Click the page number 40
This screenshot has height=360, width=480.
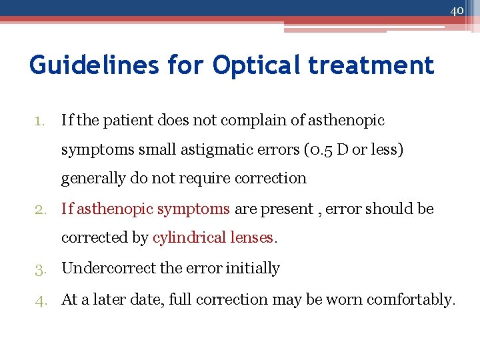click(457, 10)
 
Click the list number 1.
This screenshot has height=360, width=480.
click(39, 121)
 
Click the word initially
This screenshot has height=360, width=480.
click(253, 268)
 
